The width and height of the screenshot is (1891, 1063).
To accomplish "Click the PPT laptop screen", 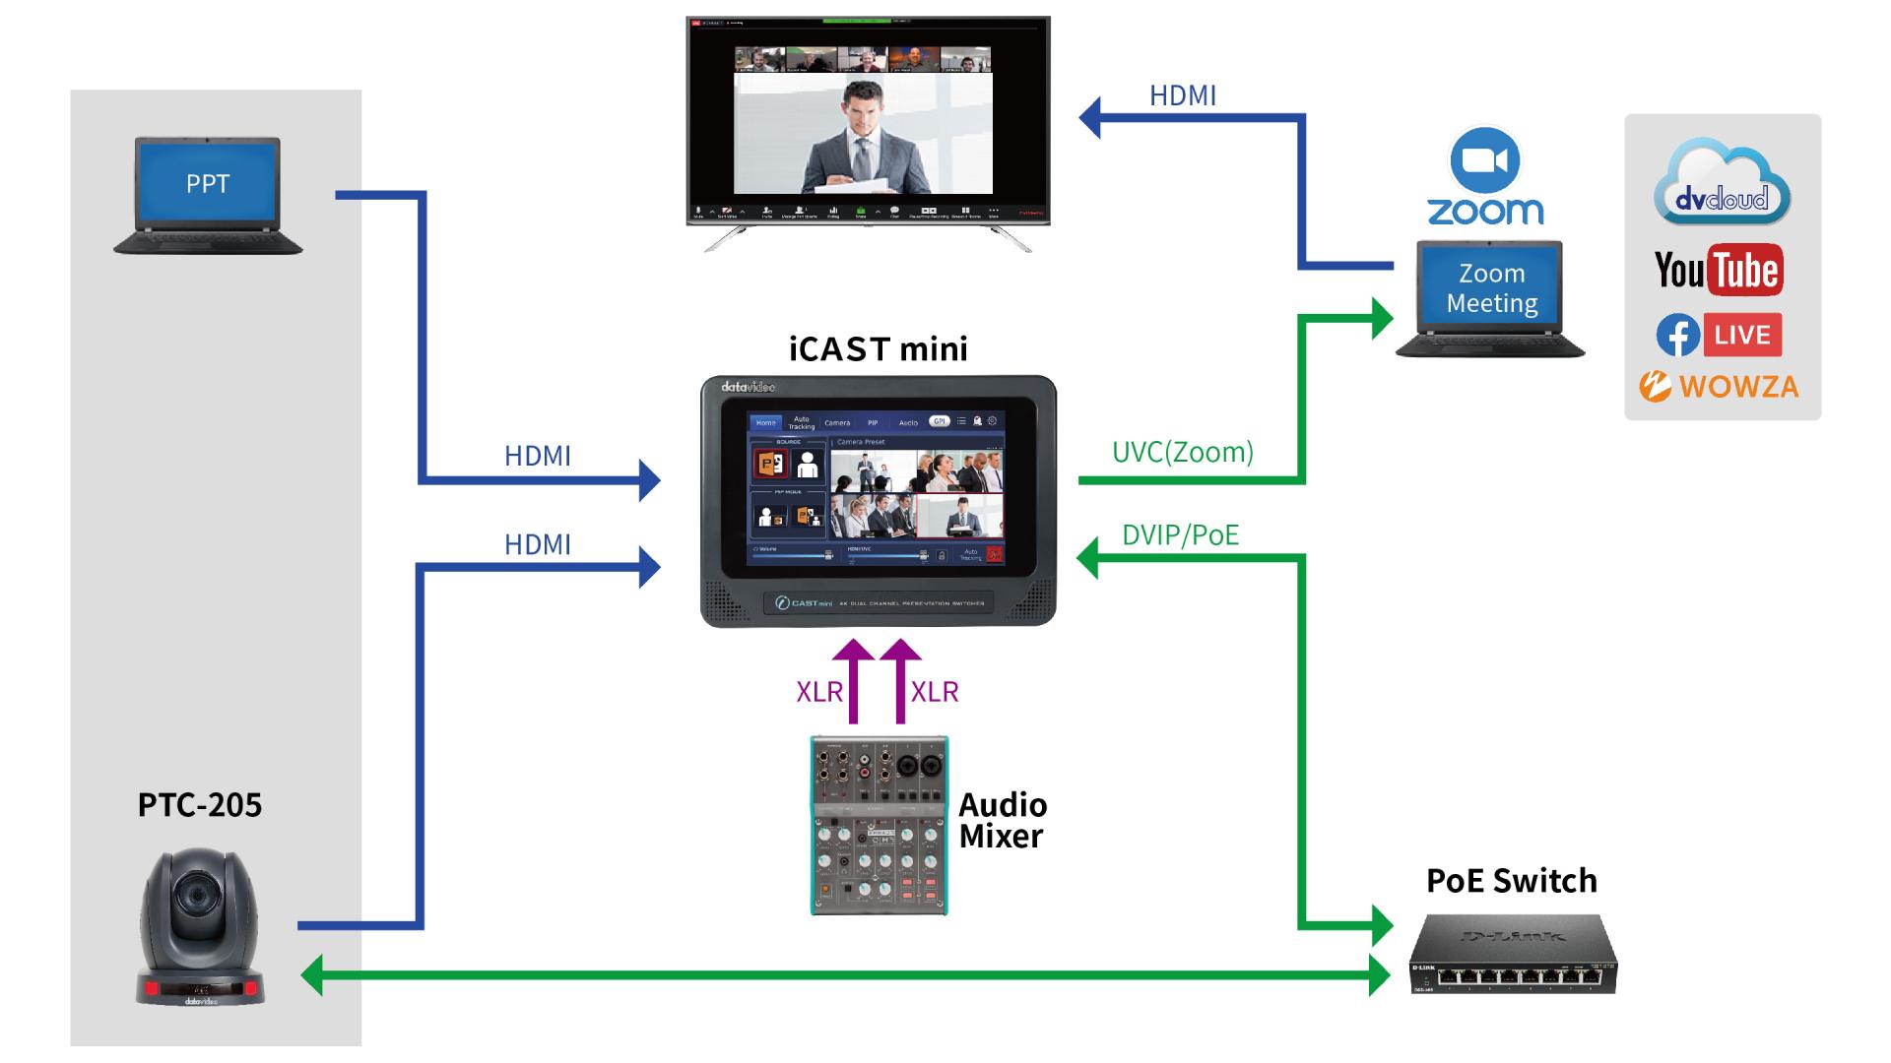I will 208,183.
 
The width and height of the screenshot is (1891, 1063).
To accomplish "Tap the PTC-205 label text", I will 200,805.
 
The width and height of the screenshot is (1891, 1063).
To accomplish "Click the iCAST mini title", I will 879,349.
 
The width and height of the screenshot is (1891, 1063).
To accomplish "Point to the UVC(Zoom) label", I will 1182,453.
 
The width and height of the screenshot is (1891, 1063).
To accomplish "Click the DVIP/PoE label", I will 1180,535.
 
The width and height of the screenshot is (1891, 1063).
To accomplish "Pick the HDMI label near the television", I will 1182,96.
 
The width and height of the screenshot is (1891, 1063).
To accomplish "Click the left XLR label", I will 818,692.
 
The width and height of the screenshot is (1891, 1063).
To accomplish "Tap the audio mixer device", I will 879,825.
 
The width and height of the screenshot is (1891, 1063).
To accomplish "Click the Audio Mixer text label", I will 1003,821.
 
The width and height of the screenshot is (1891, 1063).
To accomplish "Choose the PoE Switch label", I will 1511,881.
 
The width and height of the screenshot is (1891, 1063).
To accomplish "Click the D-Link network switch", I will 1512,955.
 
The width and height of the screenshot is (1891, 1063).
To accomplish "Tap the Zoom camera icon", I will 1485,160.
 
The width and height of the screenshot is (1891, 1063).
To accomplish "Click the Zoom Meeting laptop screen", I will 1491,287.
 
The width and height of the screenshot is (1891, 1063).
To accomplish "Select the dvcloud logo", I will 1722,185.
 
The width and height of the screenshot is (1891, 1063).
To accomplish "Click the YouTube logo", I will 1719,270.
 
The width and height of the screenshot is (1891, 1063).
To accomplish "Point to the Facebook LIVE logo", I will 1719,336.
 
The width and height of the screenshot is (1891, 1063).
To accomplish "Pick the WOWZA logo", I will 1719,387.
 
